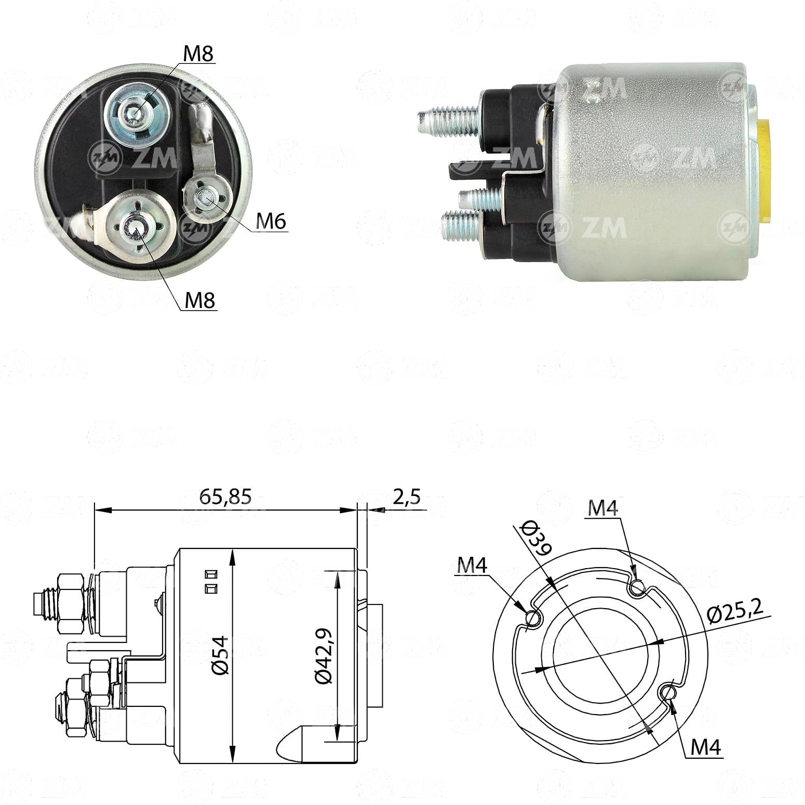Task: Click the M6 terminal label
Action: point(271,222)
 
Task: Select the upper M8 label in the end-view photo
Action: point(199,54)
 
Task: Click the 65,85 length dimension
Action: point(225,497)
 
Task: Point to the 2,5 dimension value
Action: point(406,497)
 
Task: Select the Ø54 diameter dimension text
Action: point(220,655)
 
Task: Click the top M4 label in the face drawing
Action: point(602,508)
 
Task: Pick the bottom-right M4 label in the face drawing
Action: point(706,747)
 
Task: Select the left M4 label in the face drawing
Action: point(472,566)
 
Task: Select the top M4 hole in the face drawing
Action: point(637,588)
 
